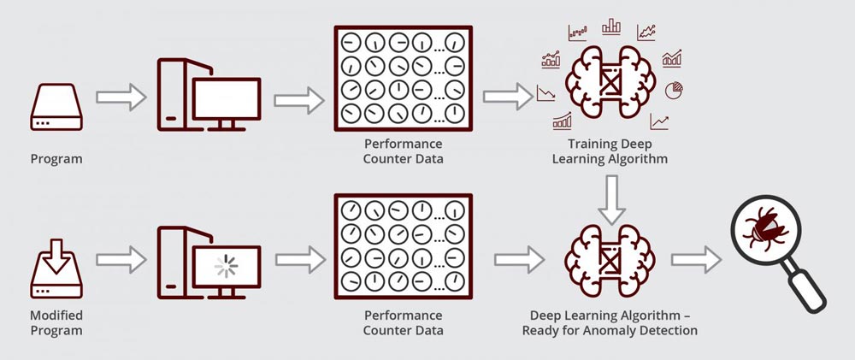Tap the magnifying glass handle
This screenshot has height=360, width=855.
coord(807,288)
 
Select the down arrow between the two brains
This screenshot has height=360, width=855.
coord(612,199)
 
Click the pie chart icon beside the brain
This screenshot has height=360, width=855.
coord(675,90)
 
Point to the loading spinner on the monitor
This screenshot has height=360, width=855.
coord(227,266)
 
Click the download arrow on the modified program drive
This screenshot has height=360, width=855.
coord(56,256)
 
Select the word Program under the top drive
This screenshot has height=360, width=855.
coord(56,159)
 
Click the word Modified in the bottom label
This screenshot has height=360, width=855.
coord(56,316)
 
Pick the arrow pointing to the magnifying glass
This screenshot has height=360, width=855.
coord(696,259)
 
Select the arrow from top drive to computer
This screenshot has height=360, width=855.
coord(121,97)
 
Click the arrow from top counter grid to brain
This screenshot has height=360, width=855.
coord(508,97)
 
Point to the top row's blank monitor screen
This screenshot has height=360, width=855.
coord(227,98)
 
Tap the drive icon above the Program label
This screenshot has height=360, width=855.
coord(56,107)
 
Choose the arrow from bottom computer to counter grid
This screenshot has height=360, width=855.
coord(300,260)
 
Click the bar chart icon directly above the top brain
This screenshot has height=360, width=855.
coord(611,27)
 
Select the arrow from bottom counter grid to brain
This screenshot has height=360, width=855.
coord(520,259)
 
